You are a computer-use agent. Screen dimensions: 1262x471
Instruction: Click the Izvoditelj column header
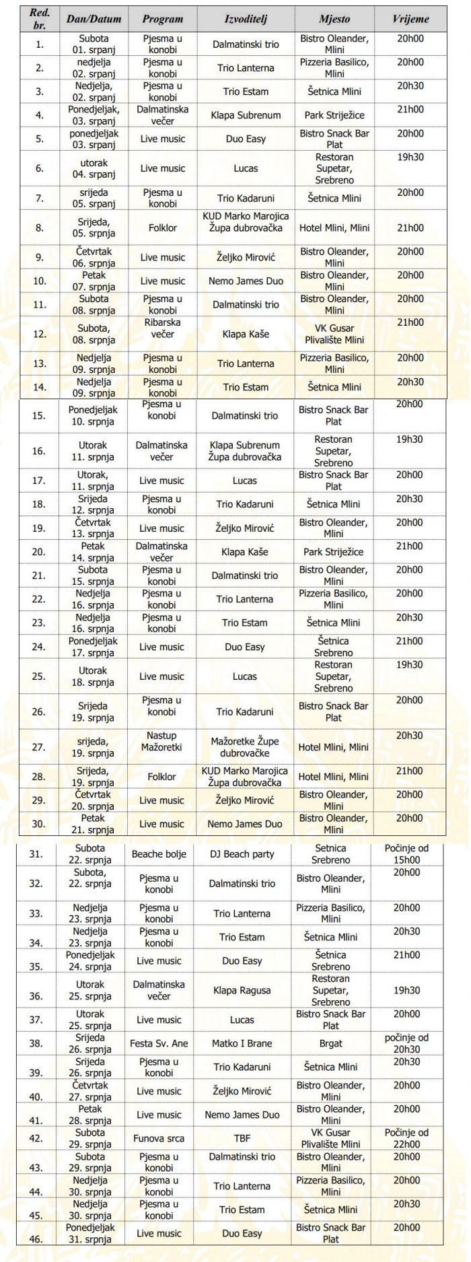pos(246,19)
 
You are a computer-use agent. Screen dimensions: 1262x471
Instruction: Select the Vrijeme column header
pos(410,19)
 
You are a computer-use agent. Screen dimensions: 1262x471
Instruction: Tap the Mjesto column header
pos(334,19)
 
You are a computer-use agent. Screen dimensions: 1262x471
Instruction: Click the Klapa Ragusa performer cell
pos(242,990)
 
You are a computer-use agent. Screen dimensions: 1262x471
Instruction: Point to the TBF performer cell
pos(242,1138)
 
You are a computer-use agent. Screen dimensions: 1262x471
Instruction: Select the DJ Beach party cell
pos(242,853)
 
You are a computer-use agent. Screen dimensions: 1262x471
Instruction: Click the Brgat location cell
pos(331,1043)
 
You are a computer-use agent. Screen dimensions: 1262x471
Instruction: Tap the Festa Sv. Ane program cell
pos(159,1043)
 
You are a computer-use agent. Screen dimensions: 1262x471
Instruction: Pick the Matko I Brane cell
pos(242,1043)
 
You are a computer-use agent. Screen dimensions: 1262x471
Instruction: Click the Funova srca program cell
pos(159,1138)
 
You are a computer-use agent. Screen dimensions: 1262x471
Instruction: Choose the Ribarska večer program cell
pos(161,328)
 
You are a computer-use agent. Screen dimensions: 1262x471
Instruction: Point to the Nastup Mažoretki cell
pos(161,741)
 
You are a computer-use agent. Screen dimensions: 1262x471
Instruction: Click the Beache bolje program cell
pos(159,853)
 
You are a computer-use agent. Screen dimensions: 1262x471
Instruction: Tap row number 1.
pos(40,44)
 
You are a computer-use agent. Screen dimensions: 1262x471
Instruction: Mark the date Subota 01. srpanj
pos(94,44)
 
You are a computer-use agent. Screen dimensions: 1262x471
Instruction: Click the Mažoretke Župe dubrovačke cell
pos(245,747)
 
